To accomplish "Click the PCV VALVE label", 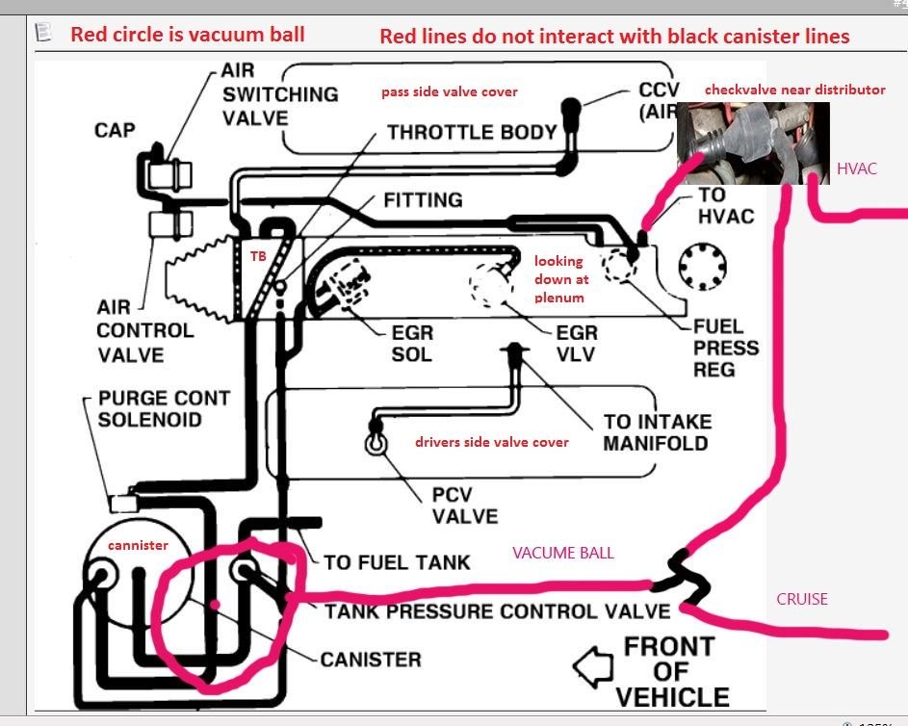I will coord(464,504).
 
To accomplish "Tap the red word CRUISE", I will coord(802,599).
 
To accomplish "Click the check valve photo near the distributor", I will coord(752,143).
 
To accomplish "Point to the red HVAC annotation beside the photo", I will coord(856,169).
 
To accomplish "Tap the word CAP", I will coord(115,129).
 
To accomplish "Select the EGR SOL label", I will coord(411,344).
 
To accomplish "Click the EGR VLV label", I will coord(577,344).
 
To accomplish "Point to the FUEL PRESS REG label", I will coord(726,348).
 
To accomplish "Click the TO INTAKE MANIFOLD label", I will coord(657,432).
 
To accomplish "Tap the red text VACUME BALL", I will coord(563,553).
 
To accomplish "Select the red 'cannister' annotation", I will coord(137,545).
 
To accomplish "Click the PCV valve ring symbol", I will coord(374,443).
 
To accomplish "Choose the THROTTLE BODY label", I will coord(472,133).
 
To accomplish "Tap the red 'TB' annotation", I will coord(258,256).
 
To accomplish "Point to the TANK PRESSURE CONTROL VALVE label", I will coord(497,610).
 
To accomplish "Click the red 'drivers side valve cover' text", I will coord(491,442).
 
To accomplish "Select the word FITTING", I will coord(423,200).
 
